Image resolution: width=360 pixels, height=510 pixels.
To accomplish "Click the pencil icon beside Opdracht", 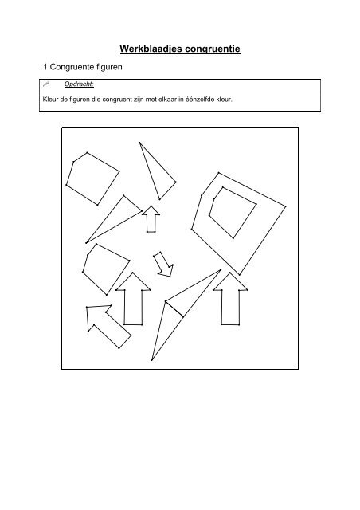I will click(x=47, y=84).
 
